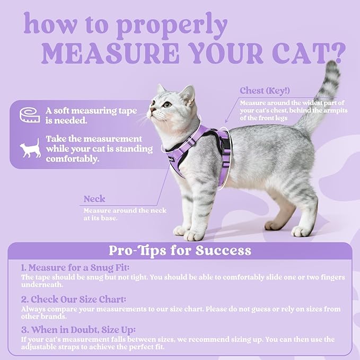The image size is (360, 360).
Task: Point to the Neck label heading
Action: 94,199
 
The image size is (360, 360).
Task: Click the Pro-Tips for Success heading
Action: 180,250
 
